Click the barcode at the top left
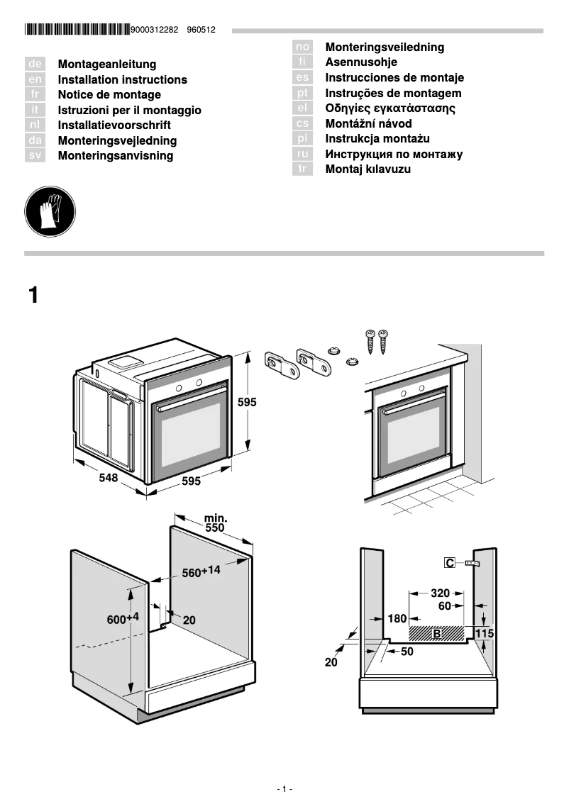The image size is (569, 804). (x=77, y=30)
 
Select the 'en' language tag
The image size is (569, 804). (x=35, y=79)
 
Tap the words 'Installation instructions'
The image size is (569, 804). (x=122, y=79)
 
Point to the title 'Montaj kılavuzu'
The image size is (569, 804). (x=368, y=169)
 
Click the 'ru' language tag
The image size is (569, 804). (x=303, y=154)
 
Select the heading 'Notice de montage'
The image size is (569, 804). (x=109, y=95)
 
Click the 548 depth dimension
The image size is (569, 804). (x=108, y=478)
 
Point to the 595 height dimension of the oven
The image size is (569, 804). (x=247, y=402)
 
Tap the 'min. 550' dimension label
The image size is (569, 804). (x=215, y=523)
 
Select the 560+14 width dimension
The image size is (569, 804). (x=201, y=571)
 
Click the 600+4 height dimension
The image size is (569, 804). (x=123, y=618)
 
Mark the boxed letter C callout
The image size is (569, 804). (x=450, y=563)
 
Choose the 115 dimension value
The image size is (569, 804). (x=484, y=633)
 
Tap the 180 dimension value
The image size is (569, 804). (x=397, y=619)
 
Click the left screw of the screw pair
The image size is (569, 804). (x=370, y=341)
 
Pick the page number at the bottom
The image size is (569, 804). (x=284, y=789)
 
